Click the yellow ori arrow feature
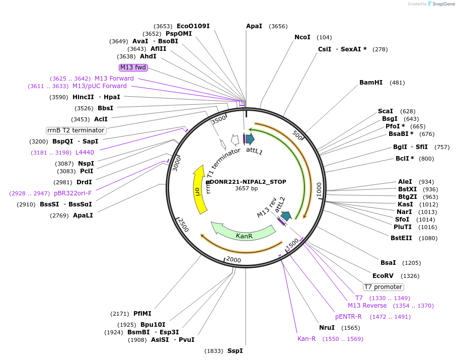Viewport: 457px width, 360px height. tap(200, 192)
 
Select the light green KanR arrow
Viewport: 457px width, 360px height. tap(244, 234)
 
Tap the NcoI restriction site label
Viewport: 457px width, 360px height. tap(302, 37)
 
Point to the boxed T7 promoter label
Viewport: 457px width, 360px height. tap(384, 287)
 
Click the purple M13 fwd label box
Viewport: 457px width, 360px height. tap(133, 67)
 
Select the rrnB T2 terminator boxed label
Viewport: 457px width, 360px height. tap(76, 130)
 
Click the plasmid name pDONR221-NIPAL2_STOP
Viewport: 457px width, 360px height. tap(246, 182)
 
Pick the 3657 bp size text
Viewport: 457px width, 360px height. tap(246, 189)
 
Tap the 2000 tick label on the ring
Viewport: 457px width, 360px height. tap(234, 259)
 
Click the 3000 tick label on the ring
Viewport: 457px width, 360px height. tap(176, 164)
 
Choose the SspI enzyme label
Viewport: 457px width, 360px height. tap(235, 351)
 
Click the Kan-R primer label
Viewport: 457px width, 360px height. tap(307, 339)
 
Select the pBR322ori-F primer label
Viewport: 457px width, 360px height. tap(73, 193)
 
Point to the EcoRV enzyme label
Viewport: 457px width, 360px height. tap(383, 276)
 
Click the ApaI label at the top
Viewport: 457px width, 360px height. tap(254, 26)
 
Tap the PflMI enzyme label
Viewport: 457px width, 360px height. tap(142, 314)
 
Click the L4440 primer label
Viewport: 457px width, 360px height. tap(85, 153)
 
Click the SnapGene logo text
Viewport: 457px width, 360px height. tap(441, 4)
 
